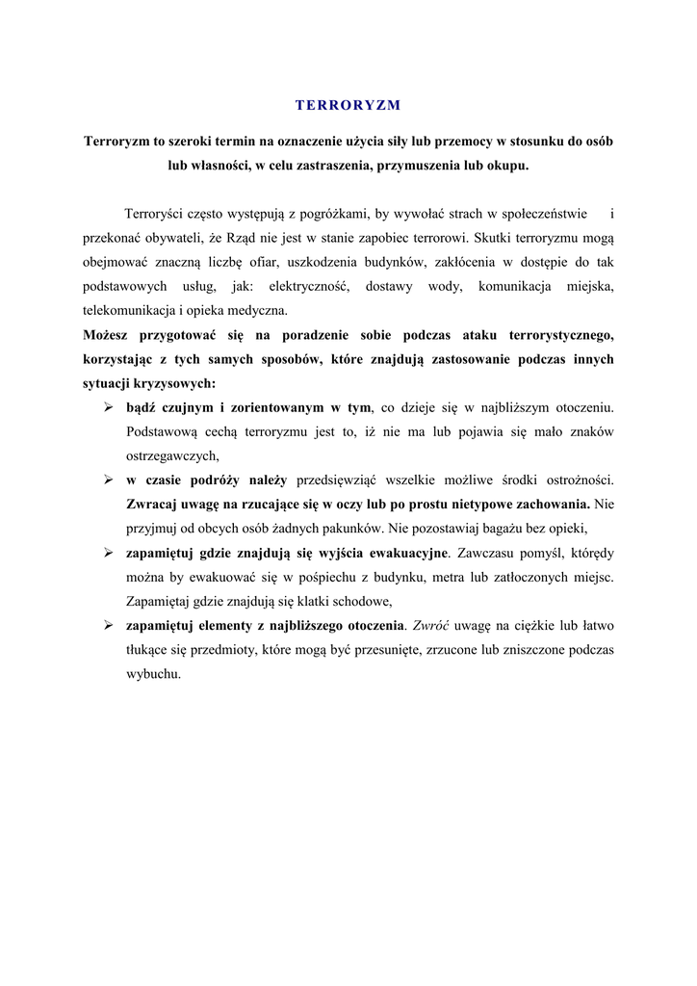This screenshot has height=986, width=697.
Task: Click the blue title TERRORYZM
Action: click(x=348, y=104)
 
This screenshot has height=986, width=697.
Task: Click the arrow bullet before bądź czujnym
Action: click(x=109, y=408)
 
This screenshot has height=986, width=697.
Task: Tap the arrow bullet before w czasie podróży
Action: click(x=109, y=480)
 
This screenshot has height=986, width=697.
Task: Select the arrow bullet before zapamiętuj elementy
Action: click(x=109, y=626)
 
